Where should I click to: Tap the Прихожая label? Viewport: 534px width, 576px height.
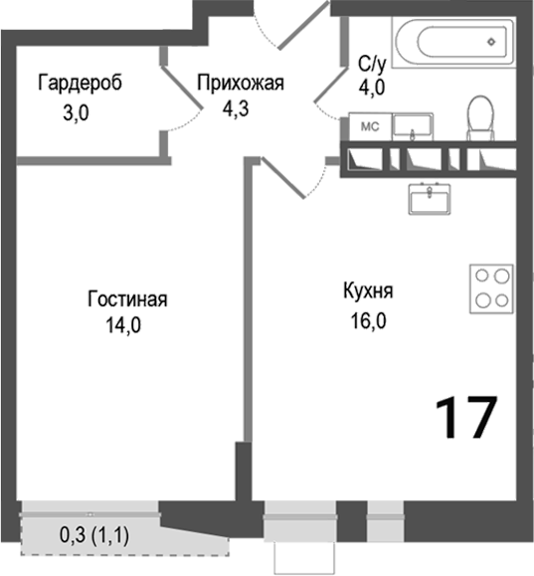tap(240, 83)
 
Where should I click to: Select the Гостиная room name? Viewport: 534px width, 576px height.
tap(126, 298)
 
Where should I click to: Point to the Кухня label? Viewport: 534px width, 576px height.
tap(368, 291)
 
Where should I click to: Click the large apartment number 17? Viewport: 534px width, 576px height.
tap(463, 417)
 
